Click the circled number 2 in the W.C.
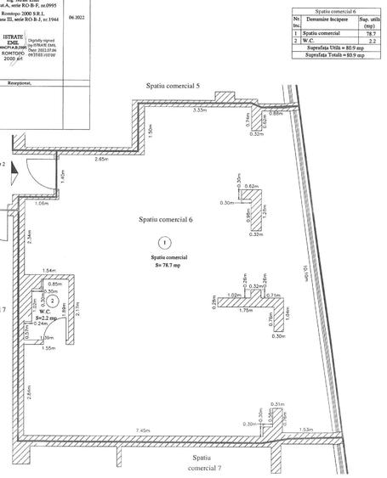[53, 301]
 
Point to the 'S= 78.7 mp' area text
[168, 265]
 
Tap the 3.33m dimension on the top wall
[200, 110]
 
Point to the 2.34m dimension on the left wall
[29, 239]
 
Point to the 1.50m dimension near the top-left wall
[149, 130]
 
